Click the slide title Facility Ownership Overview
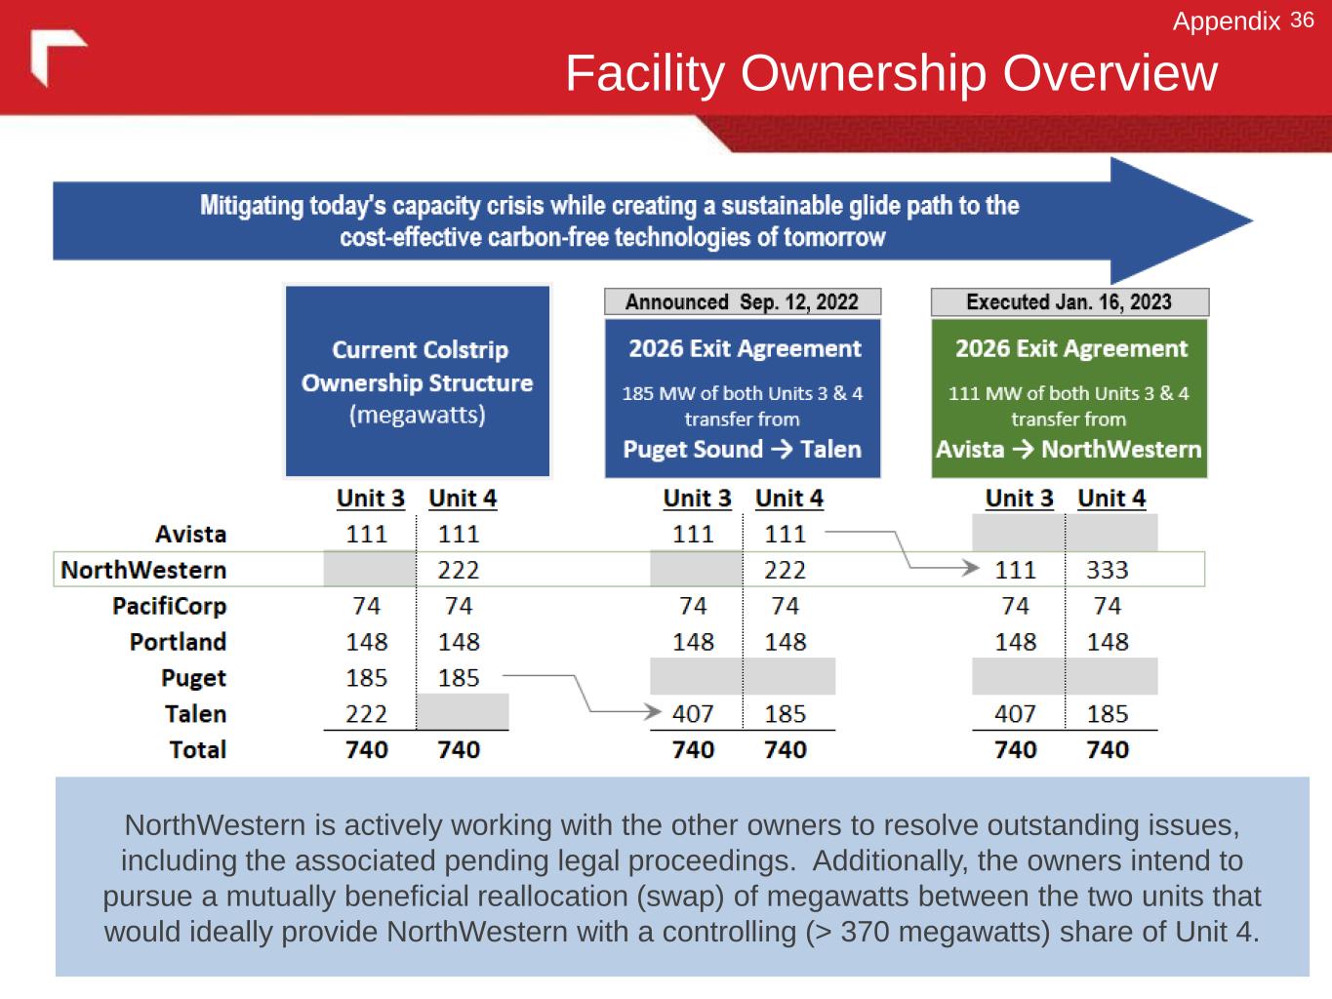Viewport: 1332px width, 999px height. click(x=891, y=73)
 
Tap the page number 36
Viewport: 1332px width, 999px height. click(x=1302, y=20)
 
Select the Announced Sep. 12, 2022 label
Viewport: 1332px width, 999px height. click(x=742, y=301)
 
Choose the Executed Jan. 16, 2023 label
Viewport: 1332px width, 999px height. click(x=1069, y=301)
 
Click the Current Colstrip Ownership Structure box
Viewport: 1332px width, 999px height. click(x=418, y=381)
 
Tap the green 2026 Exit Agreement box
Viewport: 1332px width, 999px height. click(x=1069, y=398)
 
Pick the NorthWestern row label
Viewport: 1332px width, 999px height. click(x=143, y=570)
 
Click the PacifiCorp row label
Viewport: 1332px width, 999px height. click(x=169, y=606)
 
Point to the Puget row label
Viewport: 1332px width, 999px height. click(x=193, y=678)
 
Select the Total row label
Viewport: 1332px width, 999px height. click(x=197, y=750)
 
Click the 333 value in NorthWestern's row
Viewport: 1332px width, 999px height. click(x=1107, y=570)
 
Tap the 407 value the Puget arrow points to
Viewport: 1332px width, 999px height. click(x=693, y=714)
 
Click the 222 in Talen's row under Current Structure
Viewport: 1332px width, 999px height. click(x=366, y=714)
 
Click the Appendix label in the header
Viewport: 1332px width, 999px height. click(x=1226, y=21)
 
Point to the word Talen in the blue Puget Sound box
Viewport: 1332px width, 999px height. click(x=830, y=450)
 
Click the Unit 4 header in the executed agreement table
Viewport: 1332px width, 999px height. click(x=1110, y=499)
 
